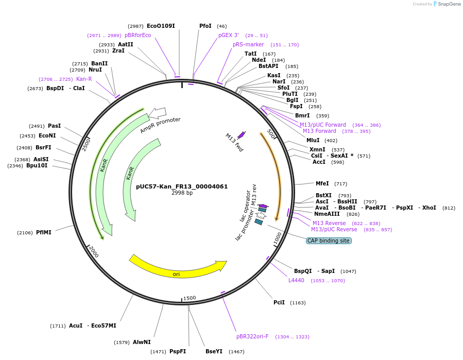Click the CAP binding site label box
point(329,241)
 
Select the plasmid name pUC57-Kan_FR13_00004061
point(182,186)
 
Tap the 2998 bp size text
point(182,193)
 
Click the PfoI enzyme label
point(205,26)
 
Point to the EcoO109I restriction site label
point(161,26)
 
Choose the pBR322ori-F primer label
point(252,336)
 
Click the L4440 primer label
point(296,280)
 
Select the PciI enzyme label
point(279,302)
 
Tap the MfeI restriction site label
point(322,183)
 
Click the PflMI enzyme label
point(43,232)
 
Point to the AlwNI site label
point(142,342)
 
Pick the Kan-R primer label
point(84,79)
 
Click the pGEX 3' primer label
point(229,35)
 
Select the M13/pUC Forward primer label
point(323,125)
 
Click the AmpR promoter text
point(160,125)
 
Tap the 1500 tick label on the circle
point(190,298)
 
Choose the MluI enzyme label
point(313,140)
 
